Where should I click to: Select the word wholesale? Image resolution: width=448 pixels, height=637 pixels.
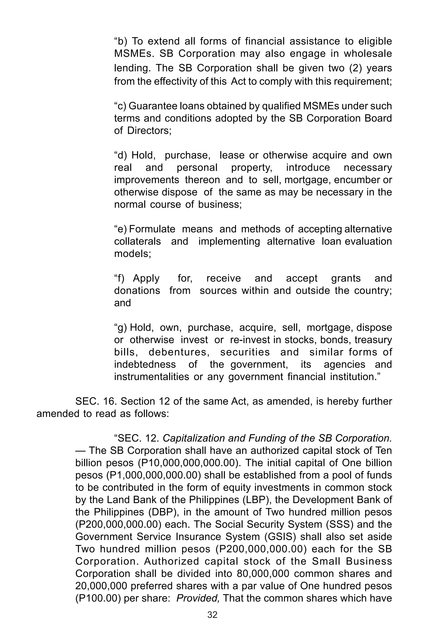[368, 54]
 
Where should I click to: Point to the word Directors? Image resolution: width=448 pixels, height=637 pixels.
[149, 131]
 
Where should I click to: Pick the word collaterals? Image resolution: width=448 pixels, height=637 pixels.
[137, 241]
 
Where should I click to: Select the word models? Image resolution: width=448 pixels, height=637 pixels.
[133, 254]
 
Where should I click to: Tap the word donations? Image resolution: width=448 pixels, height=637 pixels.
[137, 290]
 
